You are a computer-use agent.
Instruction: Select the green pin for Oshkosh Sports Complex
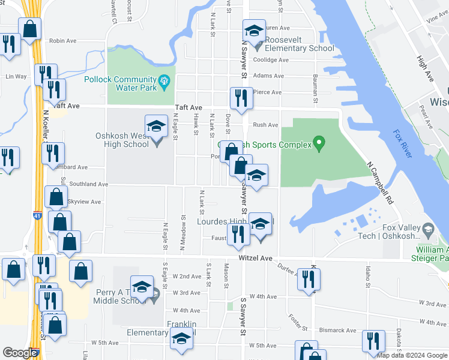pos(319,144)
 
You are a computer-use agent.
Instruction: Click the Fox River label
pos(403,144)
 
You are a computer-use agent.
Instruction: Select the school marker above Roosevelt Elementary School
pos(254,31)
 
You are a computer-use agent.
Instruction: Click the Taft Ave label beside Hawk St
pos(186,108)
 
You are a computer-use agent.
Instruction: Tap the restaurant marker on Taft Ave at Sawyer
pos(241,99)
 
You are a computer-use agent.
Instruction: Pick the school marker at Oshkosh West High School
pos(156,126)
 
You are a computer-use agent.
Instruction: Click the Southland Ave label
pos(88,184)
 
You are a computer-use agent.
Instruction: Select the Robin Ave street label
pos(63,41)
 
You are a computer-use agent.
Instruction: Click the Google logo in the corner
pos(20,353)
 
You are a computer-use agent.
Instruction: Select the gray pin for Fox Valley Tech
pos(428,229)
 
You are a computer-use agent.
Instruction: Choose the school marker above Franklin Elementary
pos(181,340)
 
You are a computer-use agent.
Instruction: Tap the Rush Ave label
pos(265,125)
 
